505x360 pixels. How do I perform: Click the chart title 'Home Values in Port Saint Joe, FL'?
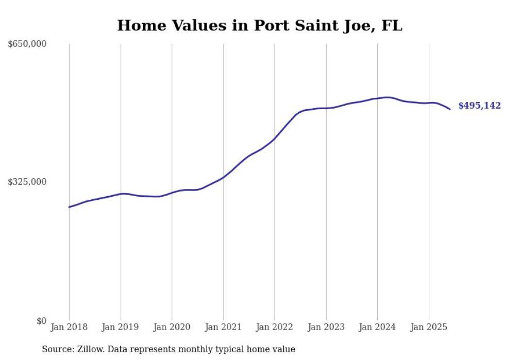click(x=259, y=25)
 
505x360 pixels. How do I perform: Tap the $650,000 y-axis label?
click(x=27, y=44)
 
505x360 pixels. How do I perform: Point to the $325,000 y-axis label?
click(x=27, y=182)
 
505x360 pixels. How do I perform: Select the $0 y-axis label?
click(x=41, y=321)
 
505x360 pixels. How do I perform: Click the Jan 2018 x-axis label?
click(x=69, y=327)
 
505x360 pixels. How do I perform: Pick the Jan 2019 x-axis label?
click(x=121, y=327)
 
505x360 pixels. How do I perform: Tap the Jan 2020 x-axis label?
click(x=172, y=327)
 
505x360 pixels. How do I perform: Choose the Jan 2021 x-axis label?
click(x=223, y=327)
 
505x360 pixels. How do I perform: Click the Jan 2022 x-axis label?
click(x=275, y=327)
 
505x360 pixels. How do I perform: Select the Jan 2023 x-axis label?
click(x=326, y=327)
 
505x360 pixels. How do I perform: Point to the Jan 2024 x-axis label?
click(x=377, y=327)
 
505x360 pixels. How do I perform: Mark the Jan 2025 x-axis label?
click(x=429, y=327)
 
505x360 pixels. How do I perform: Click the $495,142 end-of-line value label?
click(x=479, y=106)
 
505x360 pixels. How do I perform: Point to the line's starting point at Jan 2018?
click(x=69, y=207)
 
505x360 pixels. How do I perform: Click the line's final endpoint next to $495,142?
click(x=450, y=109)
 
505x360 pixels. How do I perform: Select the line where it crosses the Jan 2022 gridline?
click(x=275, y=139)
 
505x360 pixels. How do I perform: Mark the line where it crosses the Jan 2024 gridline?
click(x=377, y=98)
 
